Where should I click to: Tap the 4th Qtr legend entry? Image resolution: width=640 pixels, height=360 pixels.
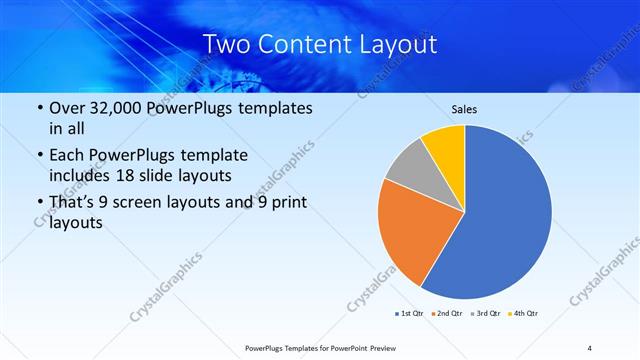click(527, 314)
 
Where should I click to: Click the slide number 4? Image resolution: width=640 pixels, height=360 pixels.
click(590, 347)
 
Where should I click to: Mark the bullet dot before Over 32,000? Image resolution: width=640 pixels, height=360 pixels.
click(39, 109)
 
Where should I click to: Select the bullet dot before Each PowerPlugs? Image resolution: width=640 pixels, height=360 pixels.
click(39, 156)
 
